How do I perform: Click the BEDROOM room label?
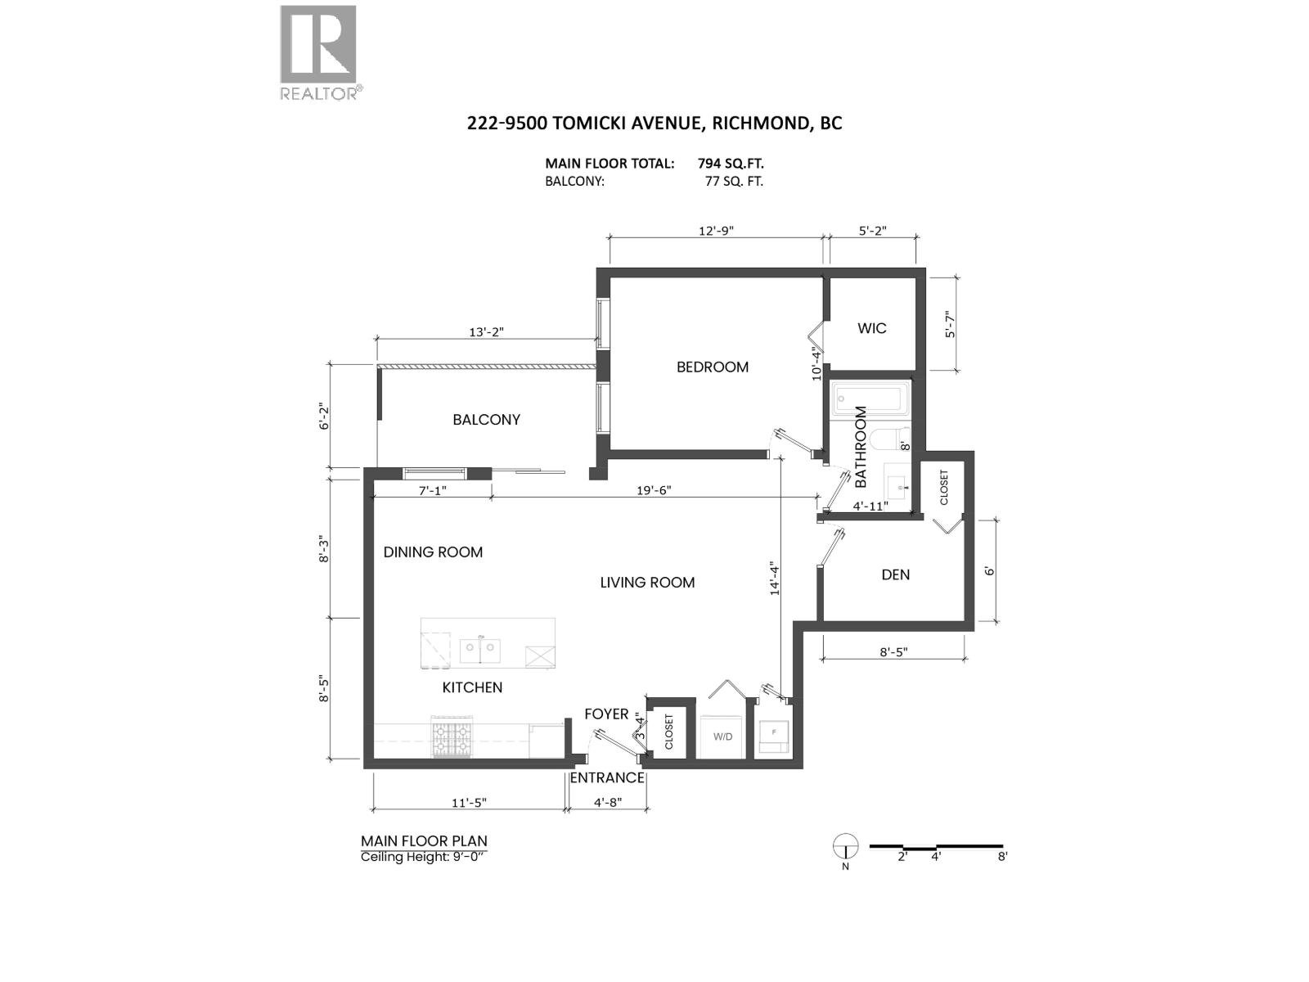point(712,367)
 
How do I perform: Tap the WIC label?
point(871,328)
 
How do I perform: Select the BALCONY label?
point(486,420)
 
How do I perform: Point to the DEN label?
point(895,574)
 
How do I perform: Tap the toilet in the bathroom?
point(890,439)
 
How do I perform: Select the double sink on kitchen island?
point(479,651)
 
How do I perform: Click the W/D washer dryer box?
point(722,736)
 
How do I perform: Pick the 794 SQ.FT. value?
point(731,164)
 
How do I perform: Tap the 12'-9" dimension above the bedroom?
point(716,231)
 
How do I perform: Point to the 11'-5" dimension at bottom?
point(469,803)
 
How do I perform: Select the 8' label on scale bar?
point(1001,857)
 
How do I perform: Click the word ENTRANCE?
point(606,777)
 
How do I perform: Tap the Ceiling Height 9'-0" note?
point(425,857)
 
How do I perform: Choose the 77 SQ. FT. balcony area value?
point(733,182)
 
